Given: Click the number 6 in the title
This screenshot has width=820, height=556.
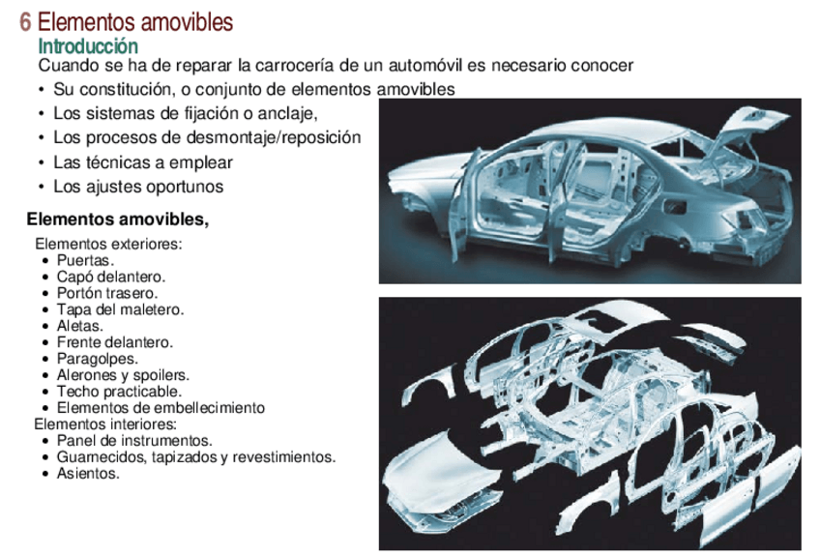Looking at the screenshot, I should pos(25,20).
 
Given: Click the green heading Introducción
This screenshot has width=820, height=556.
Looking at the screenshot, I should pos(88,45).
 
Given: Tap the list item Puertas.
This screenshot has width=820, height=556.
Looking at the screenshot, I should pos(85,261).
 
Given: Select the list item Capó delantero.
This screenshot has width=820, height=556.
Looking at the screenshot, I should pos(110,277).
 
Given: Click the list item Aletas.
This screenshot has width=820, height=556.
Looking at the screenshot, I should pos(79,326).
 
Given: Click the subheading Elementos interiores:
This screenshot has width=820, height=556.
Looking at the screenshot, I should pos(105,424).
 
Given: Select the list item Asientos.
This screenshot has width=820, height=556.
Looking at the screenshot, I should pos(88,473).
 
